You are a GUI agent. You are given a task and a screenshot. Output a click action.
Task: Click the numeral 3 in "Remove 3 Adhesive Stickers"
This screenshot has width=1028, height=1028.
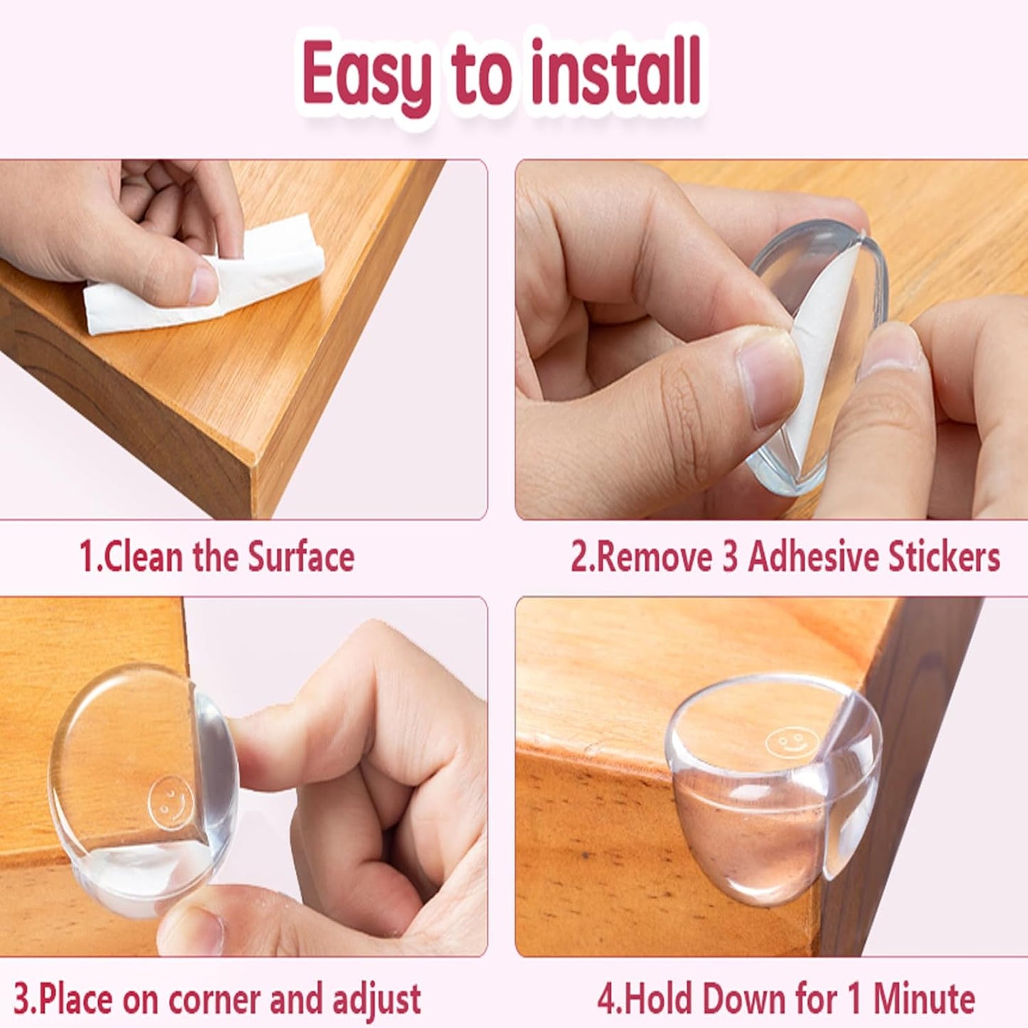tap(730, 557)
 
